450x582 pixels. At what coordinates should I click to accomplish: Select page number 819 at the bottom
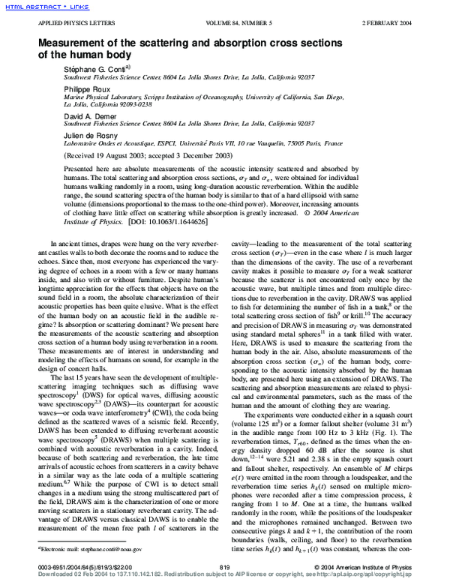pos(224,566)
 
